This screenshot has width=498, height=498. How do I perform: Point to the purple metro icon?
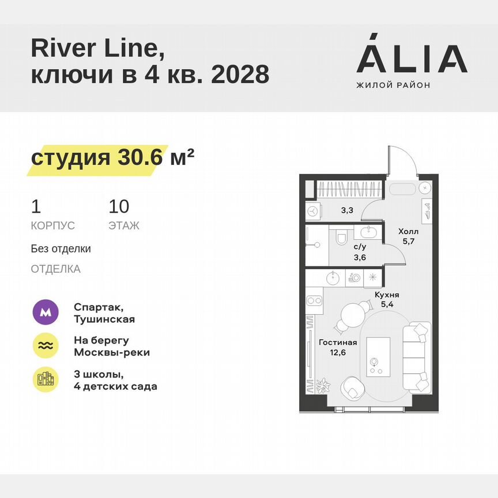[x=46, y=313]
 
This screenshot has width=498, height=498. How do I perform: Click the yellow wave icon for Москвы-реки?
[x=46, y=346]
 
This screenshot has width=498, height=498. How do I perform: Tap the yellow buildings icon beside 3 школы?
[x=46, y=380]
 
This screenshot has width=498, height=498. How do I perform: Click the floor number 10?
[x=119, y=206]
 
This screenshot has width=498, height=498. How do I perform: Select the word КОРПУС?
[x=53, y=226]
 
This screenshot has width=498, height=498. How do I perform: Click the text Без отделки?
[x=61, y=249]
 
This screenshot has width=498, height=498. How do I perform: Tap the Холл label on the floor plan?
[x=408, y=232]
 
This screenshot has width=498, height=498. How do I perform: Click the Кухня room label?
[x=386, y=295]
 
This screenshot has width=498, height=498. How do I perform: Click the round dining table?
[x=353, y=315]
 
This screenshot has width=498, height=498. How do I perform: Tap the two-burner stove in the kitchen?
[x=314, y=300]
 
